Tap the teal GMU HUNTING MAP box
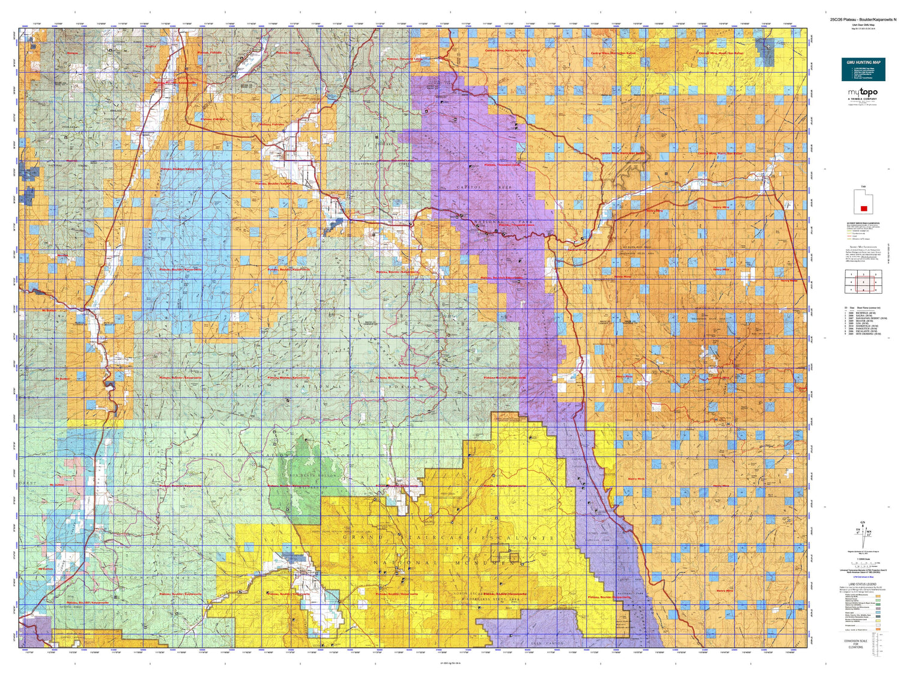coord(863,70)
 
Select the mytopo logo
coord(862,93)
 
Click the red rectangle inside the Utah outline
coord(864,209)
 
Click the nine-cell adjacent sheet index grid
coord(863,281)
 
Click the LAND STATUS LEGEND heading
coord(861,584)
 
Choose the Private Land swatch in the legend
coord(878,624)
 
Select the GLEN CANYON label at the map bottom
coord(547,643)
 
